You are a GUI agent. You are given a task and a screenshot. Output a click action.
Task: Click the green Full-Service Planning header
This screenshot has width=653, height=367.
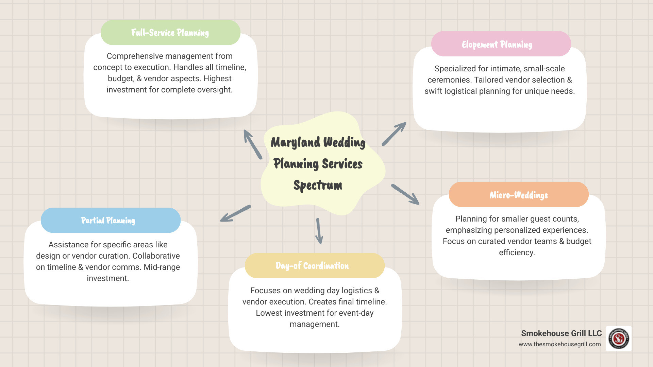170,33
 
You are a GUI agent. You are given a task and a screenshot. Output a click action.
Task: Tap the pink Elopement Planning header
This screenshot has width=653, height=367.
501,44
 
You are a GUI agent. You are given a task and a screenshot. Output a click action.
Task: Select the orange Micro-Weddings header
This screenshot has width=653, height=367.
519,195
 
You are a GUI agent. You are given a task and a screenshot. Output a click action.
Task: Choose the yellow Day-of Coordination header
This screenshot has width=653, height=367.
314,266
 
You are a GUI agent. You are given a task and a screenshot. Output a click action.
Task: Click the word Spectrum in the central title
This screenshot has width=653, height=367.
318,186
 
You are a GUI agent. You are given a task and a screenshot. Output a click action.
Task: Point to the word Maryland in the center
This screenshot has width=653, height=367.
295,142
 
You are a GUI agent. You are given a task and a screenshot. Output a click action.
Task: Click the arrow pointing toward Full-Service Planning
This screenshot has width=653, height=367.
253,144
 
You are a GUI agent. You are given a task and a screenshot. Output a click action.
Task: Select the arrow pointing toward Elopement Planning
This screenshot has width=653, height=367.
394,134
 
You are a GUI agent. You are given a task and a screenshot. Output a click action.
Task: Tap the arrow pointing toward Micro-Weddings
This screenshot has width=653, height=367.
405,194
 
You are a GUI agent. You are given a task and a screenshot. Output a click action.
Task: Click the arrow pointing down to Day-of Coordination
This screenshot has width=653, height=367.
319,231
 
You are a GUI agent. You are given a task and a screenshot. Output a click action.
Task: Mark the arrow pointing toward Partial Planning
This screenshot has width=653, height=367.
235,214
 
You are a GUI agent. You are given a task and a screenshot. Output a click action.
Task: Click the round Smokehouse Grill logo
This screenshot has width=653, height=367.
619,338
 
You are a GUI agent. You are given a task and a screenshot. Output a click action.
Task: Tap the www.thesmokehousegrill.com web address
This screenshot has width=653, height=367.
559,344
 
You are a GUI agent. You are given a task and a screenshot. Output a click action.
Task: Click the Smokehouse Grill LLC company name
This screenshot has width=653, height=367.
561,333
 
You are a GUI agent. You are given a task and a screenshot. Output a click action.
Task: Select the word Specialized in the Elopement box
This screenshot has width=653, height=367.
455,69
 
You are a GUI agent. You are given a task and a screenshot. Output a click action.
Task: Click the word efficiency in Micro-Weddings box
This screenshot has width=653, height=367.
517,252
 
